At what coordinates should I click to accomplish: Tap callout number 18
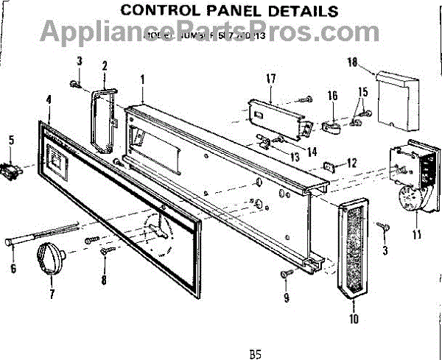[x=352, y=64]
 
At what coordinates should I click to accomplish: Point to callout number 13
[x=295, y=157]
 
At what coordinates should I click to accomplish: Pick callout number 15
[x=360, y=91]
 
